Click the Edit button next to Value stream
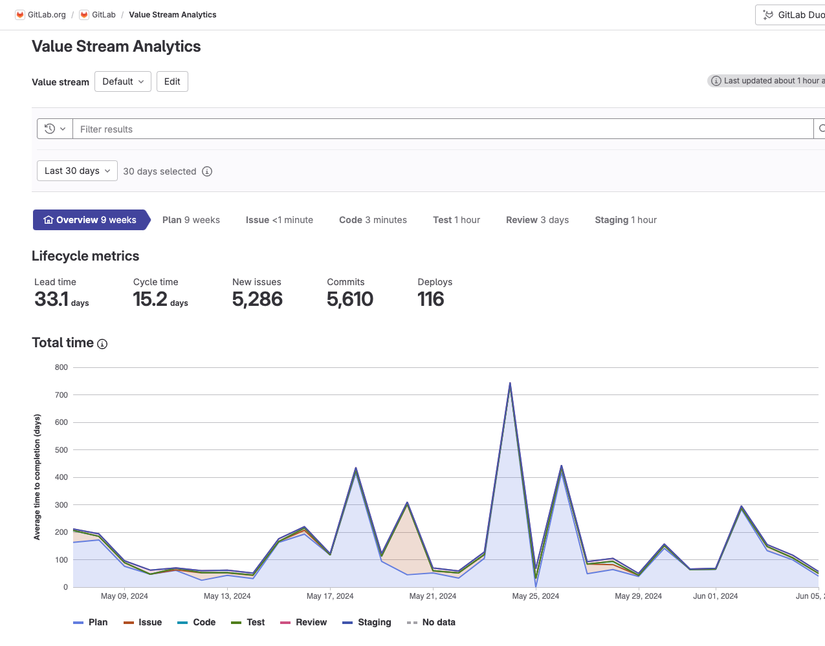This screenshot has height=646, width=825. [x=172, y=81]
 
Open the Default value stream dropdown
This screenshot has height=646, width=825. [x=123, y=81]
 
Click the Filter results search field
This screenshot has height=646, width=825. [x=440, y=129]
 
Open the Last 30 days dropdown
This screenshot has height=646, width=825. [x=77, y=171]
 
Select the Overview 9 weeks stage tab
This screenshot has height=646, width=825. [x=90, y=220]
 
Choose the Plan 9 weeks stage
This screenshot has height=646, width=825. [x=191, y=220]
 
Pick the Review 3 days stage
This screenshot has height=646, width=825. [x=537, y=220]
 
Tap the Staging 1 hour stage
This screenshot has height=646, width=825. [x=625, y=220]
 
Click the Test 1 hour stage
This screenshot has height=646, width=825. [x=456, y=220]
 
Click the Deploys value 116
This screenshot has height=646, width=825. [x=431, y=299]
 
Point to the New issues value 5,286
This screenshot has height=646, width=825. [x=258, y=299]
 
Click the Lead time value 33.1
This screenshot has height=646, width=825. [x=52, y=299]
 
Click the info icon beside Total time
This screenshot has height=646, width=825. [x=102, y=344]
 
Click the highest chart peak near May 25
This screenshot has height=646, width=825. [x=510, y=383]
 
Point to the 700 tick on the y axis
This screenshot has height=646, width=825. [x=61, y=395]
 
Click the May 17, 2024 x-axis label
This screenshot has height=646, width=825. [x=330, y=596]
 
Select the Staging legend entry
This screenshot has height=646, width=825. [x=367, y=622]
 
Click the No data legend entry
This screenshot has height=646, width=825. [x=431, y=622]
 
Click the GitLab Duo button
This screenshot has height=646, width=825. [x=793, y=15]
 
